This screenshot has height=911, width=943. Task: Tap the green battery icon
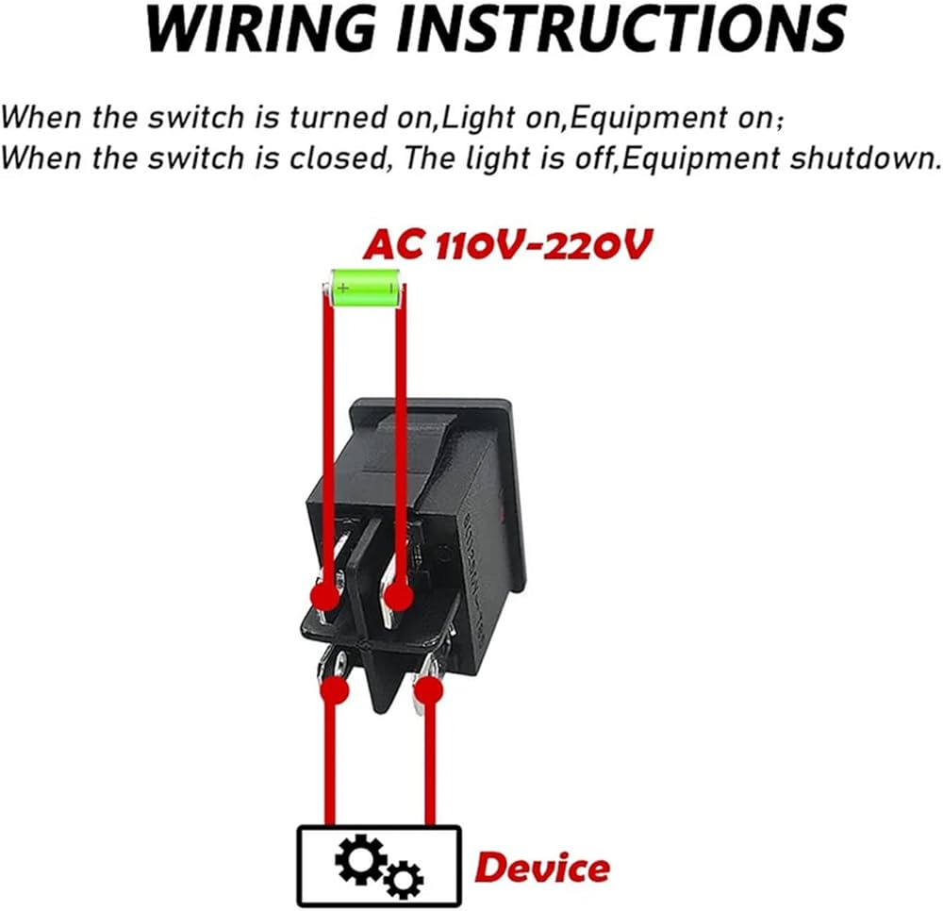click(365, 287)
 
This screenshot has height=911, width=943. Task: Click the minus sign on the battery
click(389, 282)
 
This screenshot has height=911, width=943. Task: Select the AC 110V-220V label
click(507, 244)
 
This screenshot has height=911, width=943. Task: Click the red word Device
click(541, 867)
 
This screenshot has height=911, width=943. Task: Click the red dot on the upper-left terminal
click(325, 596)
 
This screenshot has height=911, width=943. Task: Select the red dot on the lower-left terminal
click(334, 689)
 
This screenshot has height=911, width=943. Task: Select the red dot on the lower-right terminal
click(428, 691)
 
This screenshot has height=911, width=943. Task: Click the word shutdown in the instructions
click(863, 157)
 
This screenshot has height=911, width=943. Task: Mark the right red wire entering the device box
click(430, 764)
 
